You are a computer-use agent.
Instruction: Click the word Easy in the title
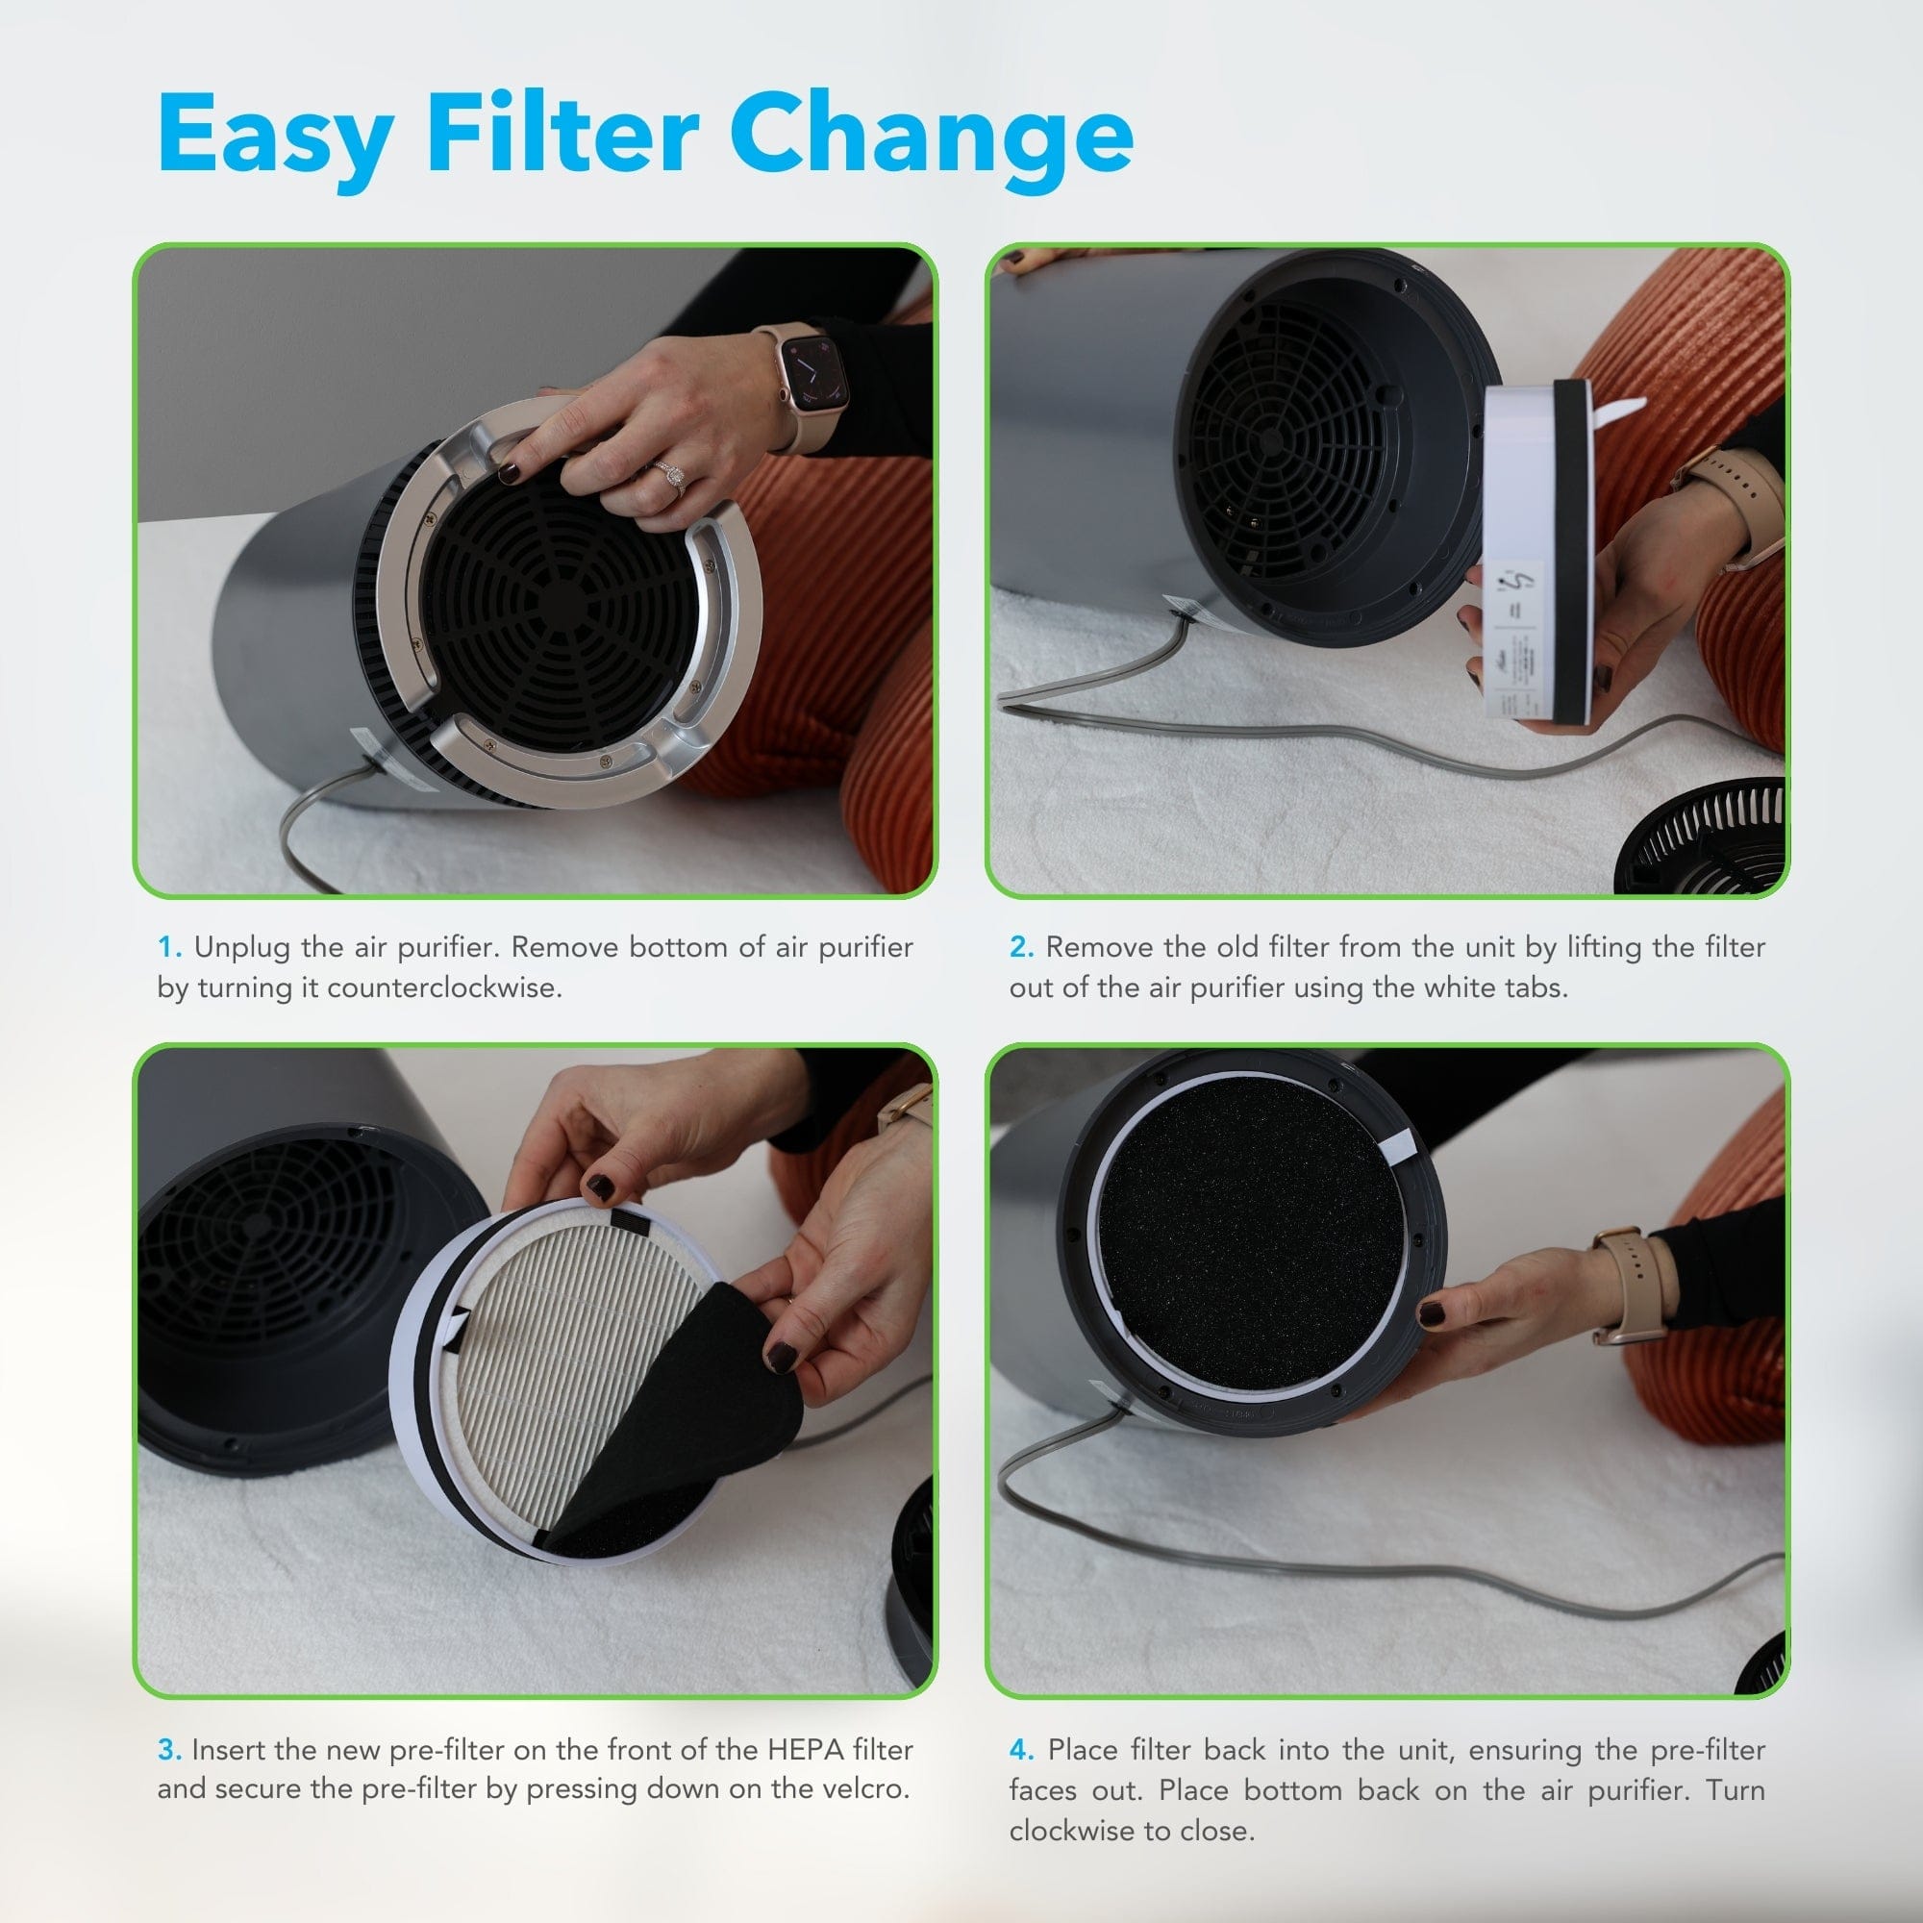tap(274, 135)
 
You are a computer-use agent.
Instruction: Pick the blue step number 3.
tap(168, 1750)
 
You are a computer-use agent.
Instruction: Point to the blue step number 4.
tap(1020, 1750)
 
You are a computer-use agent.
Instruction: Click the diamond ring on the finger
tap(674, 477)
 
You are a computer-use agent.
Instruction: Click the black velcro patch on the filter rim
tap(625, 1219)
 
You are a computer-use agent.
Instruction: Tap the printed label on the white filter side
tap(1518, 637)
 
